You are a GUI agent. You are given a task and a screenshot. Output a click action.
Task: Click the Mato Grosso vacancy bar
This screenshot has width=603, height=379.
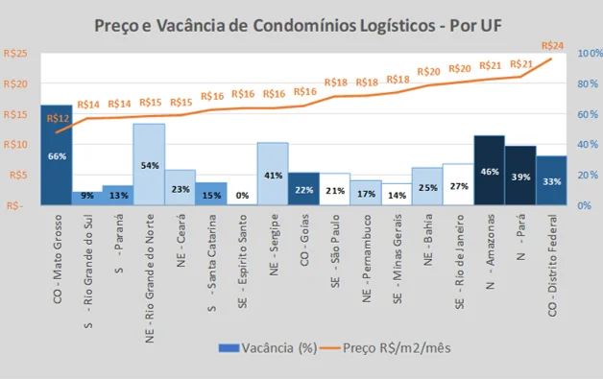click(57, 154)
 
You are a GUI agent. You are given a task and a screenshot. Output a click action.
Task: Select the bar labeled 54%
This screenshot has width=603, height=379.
click(149, 164)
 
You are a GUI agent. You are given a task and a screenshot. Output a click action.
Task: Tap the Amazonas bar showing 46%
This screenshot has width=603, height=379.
click(489, 170)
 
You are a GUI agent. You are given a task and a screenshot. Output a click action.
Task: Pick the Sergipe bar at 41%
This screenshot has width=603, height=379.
click(273, 174)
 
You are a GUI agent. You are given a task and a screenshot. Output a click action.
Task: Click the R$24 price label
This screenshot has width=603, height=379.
click(552, 46)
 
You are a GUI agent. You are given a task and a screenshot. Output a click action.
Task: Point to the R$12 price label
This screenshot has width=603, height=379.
click(58, 118)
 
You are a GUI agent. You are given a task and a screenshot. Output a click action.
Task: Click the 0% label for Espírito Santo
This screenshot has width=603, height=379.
click(242, 196)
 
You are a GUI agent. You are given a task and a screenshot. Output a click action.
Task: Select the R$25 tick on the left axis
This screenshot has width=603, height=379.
click(15, 53)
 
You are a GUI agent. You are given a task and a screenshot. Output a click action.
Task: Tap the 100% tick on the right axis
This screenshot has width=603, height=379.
click(590, 53)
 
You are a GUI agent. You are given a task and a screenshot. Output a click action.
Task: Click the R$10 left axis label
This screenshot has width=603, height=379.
click(15, 145)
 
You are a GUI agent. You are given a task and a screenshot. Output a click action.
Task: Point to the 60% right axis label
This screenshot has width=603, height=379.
click(588, 114)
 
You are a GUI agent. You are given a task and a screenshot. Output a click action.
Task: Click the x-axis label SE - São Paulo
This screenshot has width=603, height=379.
click(335, 251)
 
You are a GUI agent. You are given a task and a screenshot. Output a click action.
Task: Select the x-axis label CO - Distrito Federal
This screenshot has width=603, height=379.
click(552, 265)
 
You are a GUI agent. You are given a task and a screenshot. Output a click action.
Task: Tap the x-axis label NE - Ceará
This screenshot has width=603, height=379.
click(181, 240)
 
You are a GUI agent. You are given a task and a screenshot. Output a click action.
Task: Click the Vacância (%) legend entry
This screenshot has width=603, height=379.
click(268, 348)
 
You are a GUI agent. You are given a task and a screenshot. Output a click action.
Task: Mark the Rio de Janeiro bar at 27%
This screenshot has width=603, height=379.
click(458, 184)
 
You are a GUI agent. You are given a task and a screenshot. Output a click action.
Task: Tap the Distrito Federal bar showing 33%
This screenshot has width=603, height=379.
click(551, 180)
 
